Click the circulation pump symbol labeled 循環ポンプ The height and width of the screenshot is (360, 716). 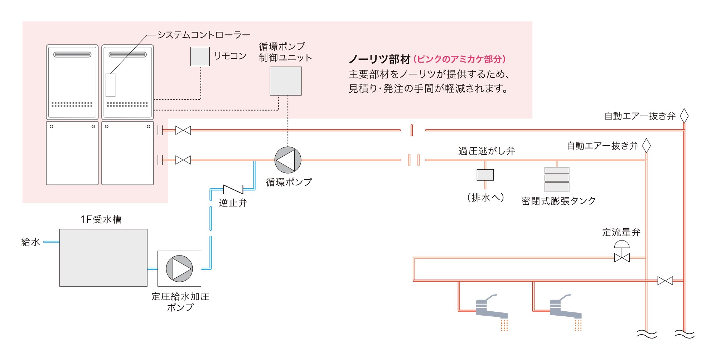point(288,160)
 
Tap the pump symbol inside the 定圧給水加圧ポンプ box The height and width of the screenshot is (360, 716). point(179,269)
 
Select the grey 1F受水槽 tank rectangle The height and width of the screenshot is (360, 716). point(103,258)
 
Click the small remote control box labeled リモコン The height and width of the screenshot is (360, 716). point(200,57)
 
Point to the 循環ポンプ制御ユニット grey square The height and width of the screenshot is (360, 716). point(285,81)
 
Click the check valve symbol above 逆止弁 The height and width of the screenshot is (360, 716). point(233,189)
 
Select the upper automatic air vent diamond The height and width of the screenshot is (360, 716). point(684,116)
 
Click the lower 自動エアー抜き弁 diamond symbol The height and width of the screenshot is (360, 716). point(646,146)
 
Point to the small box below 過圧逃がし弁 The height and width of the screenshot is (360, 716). point(485,175)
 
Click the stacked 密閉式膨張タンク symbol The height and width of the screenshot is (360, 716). point(557,179)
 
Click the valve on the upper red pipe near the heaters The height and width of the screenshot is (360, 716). point(183,131)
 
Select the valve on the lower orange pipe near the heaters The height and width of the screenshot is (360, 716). point(183,160)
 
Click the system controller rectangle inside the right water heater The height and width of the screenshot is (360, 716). point(110,85)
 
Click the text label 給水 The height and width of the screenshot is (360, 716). point(30,242)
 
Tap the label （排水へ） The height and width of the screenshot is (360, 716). point(485,198)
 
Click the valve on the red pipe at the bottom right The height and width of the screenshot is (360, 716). point(665,281)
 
